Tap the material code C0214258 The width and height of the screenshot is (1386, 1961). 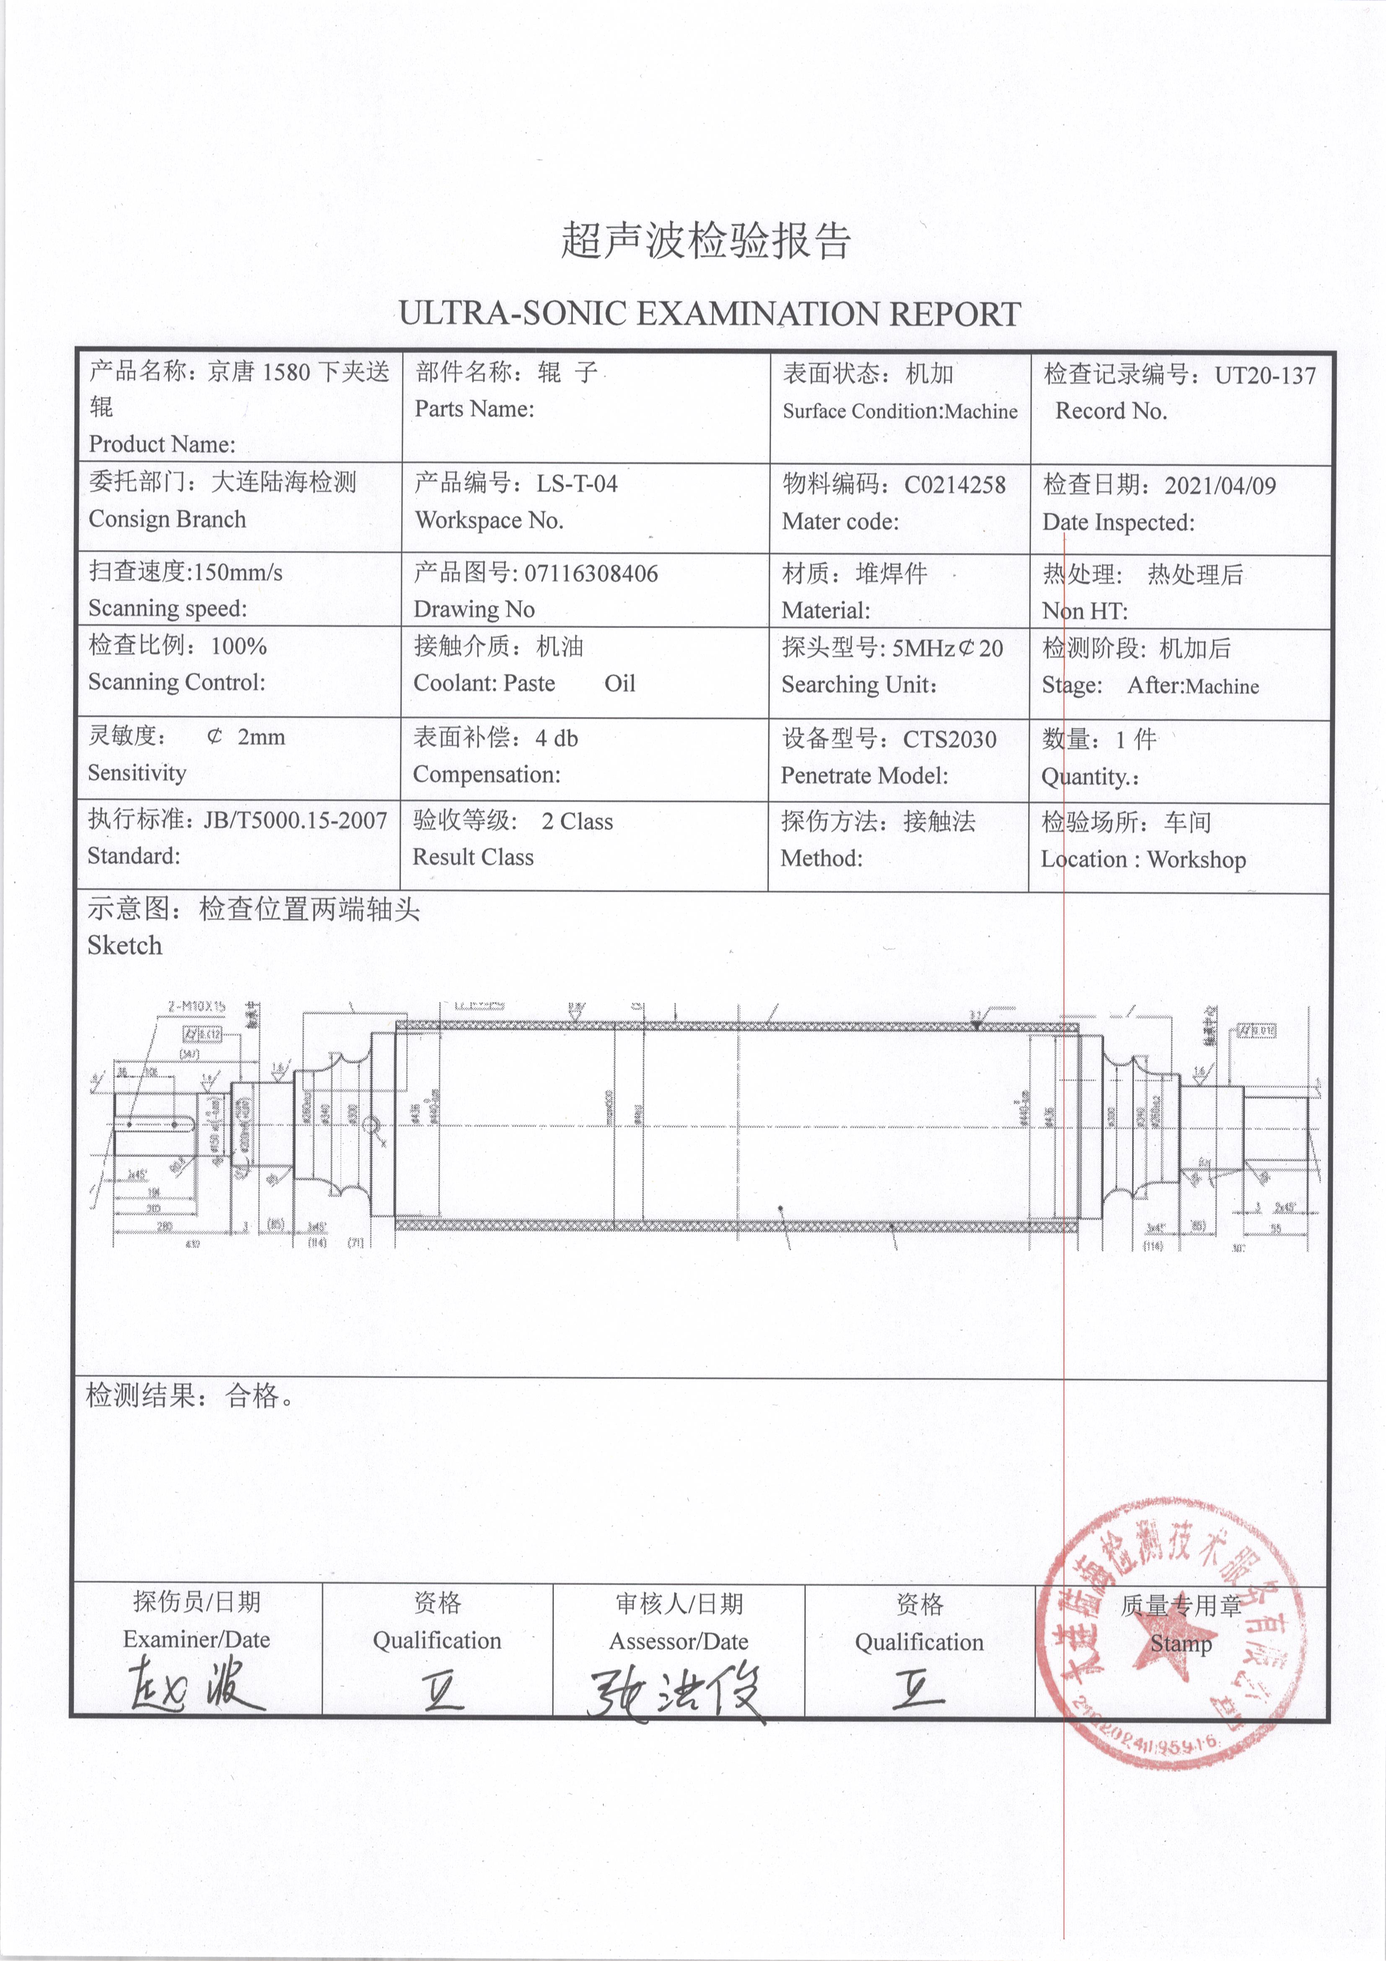click(x=955, y=485)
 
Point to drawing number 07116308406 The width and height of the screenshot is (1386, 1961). click(x=591, y=573)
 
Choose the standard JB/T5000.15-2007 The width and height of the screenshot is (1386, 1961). click(x=295, y=820)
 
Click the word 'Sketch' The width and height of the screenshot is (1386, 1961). click(x=124, y=945)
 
